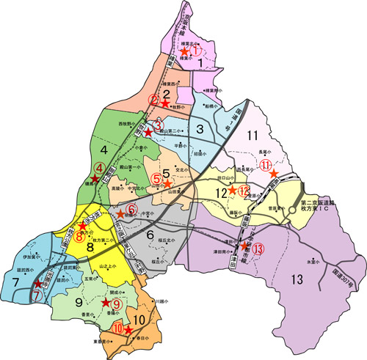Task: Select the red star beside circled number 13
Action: point(244,246)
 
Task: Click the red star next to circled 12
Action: point(232,191)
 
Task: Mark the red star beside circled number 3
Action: point(148,133)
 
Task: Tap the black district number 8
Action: point(90,248)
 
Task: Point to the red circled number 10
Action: point(118,329)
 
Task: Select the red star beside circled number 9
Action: point(105,301)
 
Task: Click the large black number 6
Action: point(151,235)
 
